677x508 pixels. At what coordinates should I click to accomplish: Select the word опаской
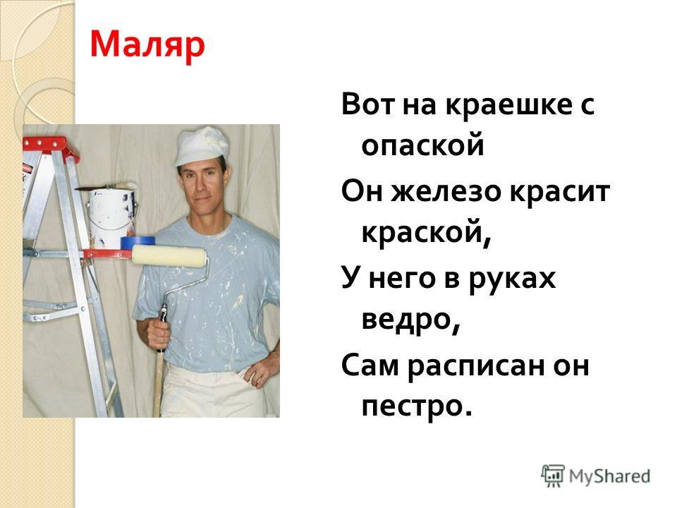pos(422,146)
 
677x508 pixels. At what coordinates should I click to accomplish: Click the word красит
pos(559,191)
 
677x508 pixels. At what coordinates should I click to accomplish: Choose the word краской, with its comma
pos(426,234)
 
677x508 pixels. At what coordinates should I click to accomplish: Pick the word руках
pos(512,279)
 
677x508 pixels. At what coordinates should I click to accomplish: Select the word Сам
pos(370,365)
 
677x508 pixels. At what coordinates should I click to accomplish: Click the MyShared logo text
pos(609,476)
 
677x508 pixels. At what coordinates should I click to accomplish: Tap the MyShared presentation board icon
pos(553,476)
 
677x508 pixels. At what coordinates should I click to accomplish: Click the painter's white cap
pos(202,146)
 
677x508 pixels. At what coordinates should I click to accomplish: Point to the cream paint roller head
pos(169,257)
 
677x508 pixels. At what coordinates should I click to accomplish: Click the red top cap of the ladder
pos(49,148)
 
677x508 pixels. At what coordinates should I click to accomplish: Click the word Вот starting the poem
pos(368,104)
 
